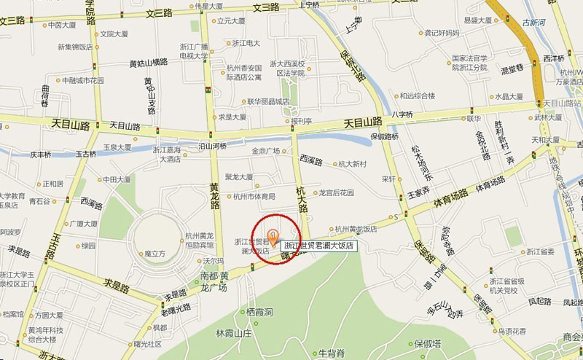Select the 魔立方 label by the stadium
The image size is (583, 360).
pos(155,254)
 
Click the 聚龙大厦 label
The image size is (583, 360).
pos(239,176)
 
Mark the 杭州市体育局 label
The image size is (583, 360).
pos(254,196)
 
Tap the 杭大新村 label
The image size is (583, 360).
pos(352,165)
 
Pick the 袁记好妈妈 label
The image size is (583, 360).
pos(442,32)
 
